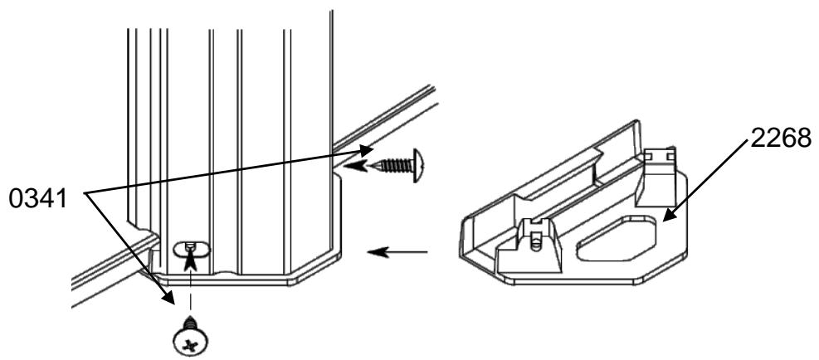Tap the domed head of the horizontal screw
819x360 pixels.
pyautogui.click(x=418, y=166)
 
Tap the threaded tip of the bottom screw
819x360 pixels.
pyautogui.click(x=190, y=319)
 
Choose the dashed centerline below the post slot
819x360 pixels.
pyautogui.click(x=191, y=290)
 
